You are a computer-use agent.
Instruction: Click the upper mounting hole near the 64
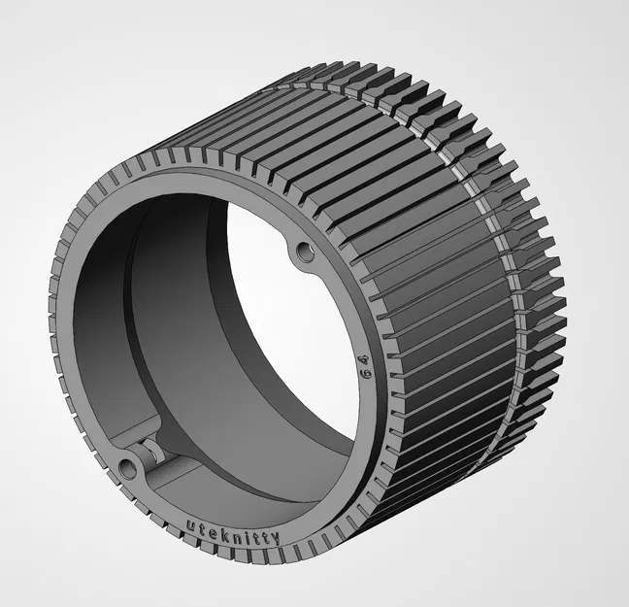coord(306,253)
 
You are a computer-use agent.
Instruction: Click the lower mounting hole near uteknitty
coord(128,470)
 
